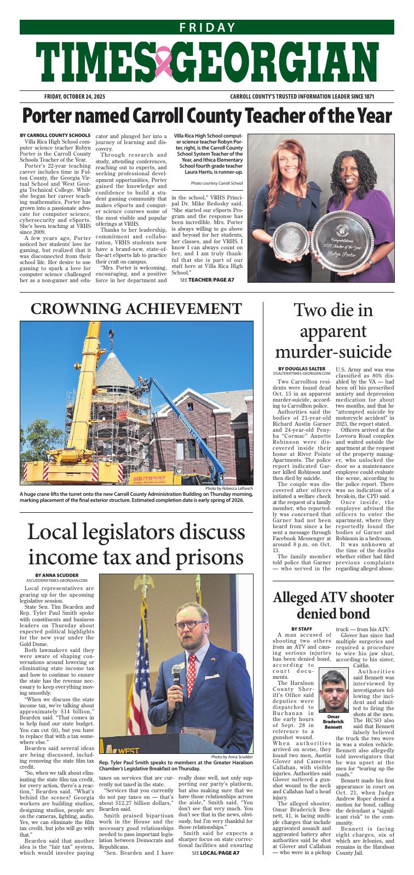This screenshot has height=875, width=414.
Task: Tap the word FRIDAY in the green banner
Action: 207,28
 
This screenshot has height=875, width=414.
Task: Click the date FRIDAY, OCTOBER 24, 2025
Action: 74,97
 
